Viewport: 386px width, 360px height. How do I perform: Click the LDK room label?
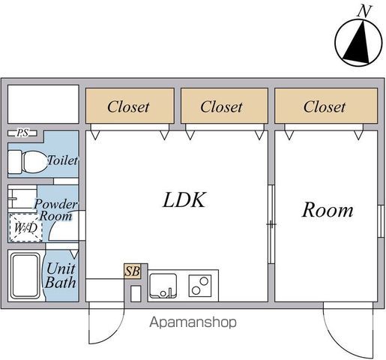184,200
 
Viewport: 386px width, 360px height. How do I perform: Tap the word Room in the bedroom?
328,210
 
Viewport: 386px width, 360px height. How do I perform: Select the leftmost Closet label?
128,107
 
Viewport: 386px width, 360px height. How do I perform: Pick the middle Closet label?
221,107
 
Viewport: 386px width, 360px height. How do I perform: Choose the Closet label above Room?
325,107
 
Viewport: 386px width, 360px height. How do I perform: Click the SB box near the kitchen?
133,271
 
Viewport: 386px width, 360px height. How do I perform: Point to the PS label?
22,133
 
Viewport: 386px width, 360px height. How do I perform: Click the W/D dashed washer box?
25,228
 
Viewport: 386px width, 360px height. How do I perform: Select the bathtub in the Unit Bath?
25,275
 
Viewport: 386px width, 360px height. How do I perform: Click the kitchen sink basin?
163,286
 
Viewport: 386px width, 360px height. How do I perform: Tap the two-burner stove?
200,286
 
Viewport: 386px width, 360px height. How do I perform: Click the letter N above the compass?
364,11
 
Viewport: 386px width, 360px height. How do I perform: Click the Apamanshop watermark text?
193,322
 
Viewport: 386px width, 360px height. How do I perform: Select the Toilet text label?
62,160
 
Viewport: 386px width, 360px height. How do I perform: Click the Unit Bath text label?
61,275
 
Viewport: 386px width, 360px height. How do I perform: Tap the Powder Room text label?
56,210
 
